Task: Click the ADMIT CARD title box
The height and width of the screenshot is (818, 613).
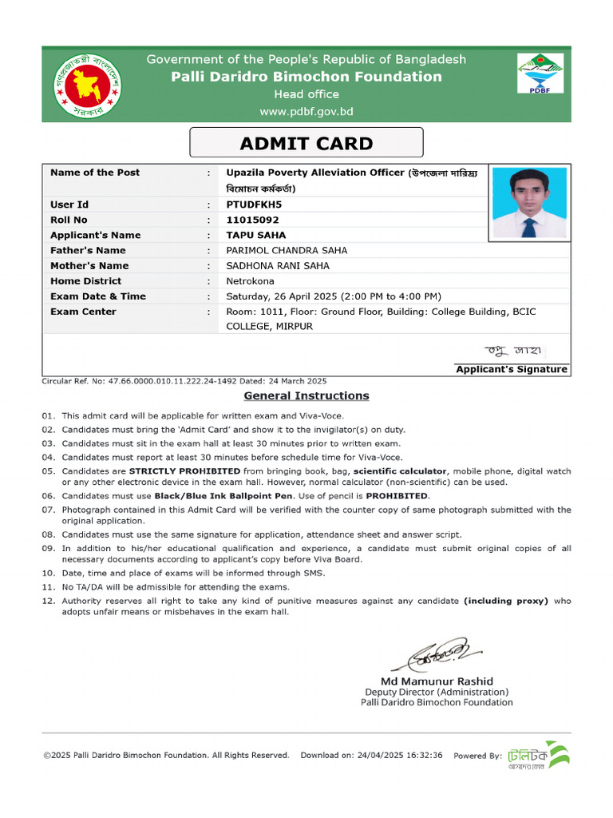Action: coord(306,144)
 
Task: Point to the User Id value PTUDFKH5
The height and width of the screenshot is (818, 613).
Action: coord(254,204)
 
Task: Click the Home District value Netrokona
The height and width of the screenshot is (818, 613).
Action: coord(250,281)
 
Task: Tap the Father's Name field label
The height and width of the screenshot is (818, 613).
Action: coord(88,250)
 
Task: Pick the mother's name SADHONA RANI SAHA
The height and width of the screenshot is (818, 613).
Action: coord(277,266)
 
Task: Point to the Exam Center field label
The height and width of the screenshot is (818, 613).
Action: coord(83,312)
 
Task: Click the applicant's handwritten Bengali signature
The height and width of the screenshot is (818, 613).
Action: coord(515,351)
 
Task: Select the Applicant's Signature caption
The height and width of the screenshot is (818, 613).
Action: coord(511,369)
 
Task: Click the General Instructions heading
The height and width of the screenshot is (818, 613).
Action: coord(306,395)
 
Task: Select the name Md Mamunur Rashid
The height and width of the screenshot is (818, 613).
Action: coord(436,681)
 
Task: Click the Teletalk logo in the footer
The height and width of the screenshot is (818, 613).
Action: coord(538,755)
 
